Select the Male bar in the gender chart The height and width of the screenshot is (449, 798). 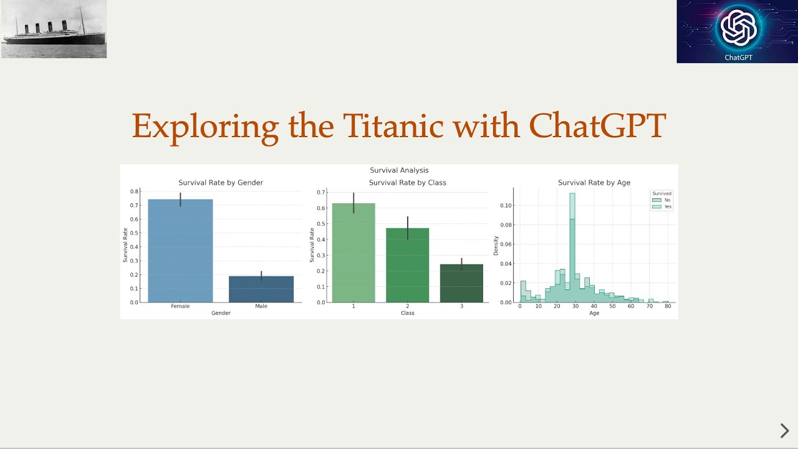pyautogui.click(x=261, y=289)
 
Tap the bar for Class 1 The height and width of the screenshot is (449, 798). pyautogui.click(x=353, y=253)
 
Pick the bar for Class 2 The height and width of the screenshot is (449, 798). pyautogui.click(x=408, y=265)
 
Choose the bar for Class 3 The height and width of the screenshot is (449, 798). pyautogui.click(x=461, y=283)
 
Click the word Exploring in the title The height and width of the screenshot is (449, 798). pyautogui.click(x=205, y=127)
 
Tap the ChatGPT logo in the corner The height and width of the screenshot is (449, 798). pyautogui.click(x=738, y=31)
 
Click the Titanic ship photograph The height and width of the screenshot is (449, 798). pyautogui.click(x=54, y=29)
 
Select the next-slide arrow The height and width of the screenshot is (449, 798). pyautogui.click(x=784, y=430)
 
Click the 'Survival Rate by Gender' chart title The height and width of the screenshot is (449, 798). pyautogui.click(x=221, y=183)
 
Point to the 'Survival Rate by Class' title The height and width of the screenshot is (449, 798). pyautogui.click(x=408, y=183)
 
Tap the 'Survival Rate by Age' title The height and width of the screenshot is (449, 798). pyautogui.click(x=594, y=183)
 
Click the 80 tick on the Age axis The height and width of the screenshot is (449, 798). pyautogui.click(x=668, y=307)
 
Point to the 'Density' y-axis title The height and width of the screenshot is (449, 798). pyautogui.click(x=496, y=245)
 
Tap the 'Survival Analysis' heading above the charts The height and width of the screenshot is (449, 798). pyautogui.click(x=399, y=170)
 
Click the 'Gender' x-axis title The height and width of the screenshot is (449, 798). pyautogui.click(x=221, y=313)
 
